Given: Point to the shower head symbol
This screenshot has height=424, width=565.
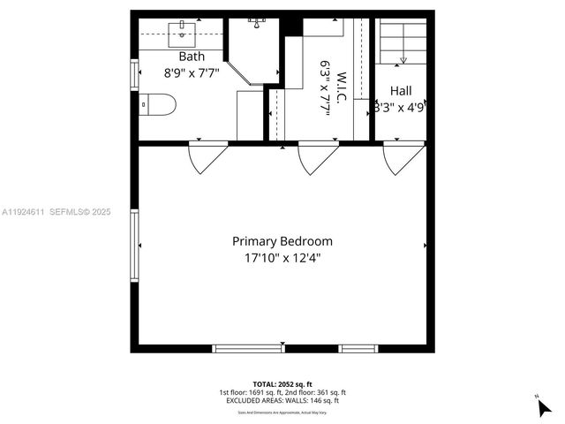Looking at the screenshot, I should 258,19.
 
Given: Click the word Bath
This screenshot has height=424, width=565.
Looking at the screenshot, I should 192,57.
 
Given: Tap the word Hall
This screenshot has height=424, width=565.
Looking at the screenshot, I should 401,90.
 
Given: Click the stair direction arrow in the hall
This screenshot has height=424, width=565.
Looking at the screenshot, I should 403,59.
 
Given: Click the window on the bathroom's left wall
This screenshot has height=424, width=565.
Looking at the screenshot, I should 134,73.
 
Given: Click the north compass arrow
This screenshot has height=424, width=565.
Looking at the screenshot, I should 545,408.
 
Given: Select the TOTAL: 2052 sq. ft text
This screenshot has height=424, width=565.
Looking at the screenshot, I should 282,383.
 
